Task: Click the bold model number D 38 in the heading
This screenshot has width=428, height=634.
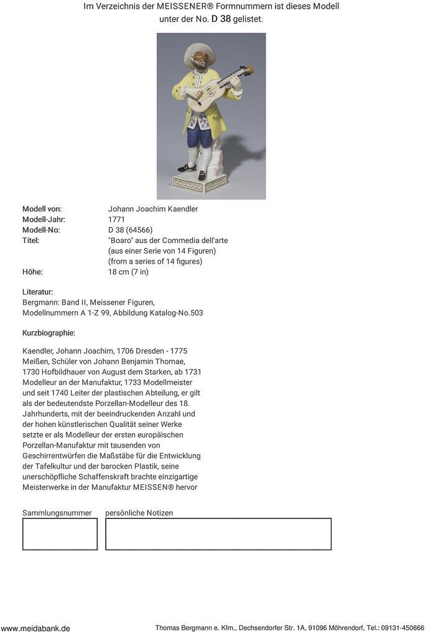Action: click(x=221, y=19)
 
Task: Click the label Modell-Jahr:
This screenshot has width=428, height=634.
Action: click(x=44, y=219)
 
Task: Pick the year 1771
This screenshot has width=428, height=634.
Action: click(x=116, y=219)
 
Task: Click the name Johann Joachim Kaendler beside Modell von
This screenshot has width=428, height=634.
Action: click(x=153, y=209)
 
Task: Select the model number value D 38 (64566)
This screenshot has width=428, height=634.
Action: click(x=130, y=230)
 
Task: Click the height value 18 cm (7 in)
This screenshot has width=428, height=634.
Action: click(x=128, y=272)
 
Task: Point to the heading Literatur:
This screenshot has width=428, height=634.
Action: click(x=38, y=292)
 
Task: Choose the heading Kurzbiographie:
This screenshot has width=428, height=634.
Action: click(x=49, y=333)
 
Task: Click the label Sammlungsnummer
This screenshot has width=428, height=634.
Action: click(x=57, y=513)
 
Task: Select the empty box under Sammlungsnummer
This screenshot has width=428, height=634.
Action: click(x=60, y=534)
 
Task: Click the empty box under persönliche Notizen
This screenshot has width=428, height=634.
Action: click(x=218, y=534)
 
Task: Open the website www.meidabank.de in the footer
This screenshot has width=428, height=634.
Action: click(x=35, y=628)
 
